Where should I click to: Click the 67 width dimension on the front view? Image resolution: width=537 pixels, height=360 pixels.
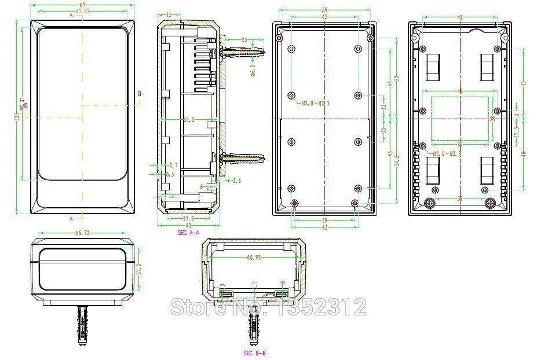click(x=82, y=5)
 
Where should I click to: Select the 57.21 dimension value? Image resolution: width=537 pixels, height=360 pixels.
click(x=82, y=11)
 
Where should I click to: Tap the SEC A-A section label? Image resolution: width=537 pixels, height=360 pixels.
click(x=188, y=232)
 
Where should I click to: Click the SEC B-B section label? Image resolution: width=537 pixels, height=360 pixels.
click(x=255, y=352)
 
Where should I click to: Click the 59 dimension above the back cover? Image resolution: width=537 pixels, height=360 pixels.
click(x=324, y=10)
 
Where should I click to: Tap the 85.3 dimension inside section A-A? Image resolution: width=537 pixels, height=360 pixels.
click(x=189, y=120)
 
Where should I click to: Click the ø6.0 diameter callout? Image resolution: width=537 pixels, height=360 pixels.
click(x=252, y=70)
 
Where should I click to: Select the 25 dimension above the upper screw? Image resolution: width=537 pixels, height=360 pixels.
click(x=244, y=40)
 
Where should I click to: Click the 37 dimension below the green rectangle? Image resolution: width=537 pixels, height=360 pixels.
click(x=459, y=145)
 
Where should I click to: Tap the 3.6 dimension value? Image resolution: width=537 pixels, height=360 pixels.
click(x=236, y=181)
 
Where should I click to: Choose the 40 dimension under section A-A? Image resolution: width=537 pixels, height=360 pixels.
click(x=188, y=226)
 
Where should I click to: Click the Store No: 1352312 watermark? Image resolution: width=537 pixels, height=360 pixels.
click(x=268, y=306)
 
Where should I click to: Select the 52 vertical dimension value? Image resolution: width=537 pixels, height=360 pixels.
click(x=397, y=78)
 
